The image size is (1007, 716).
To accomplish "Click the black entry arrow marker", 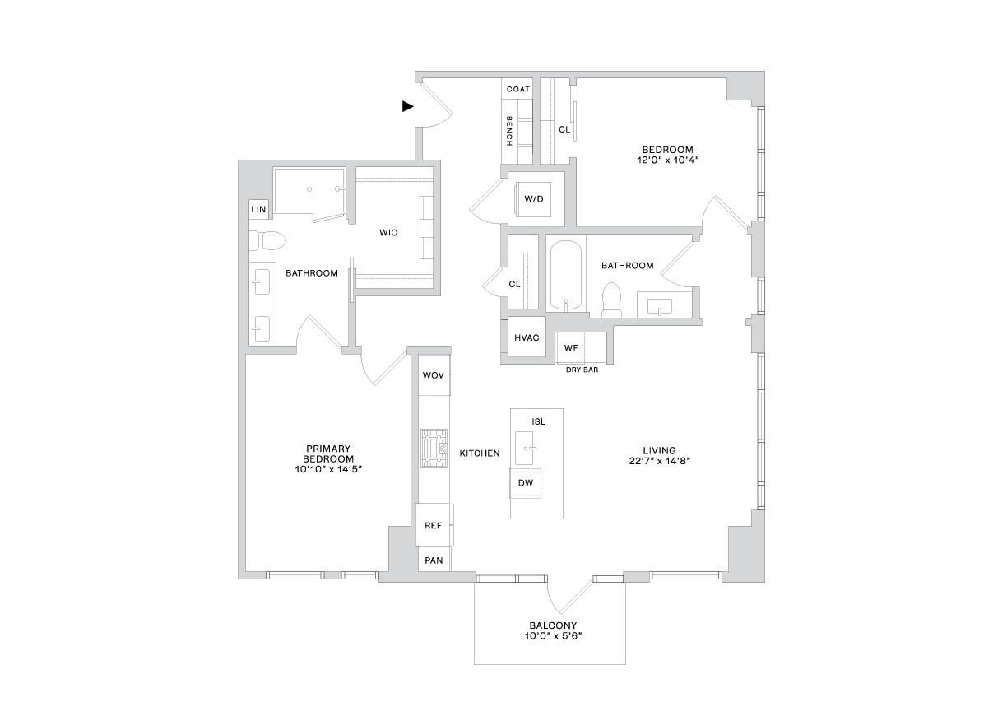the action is coord(407,107).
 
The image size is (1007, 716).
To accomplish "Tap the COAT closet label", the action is coord(518,89).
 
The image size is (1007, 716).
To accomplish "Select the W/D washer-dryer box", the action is coord(534,199).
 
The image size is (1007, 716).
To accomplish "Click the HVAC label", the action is coord(527,337).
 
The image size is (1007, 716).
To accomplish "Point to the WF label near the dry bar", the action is coord(571,347).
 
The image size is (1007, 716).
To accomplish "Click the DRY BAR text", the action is coord(582,370).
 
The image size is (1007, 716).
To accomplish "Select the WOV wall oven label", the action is coord(434,375).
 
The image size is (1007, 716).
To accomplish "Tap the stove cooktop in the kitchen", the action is coord(434,449).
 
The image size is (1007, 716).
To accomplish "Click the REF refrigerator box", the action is coord(434,525).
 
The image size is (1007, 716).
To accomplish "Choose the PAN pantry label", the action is coord(434,560).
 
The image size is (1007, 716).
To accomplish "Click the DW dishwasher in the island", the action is coord(525,483).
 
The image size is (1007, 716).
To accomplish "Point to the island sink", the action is coord(524,448).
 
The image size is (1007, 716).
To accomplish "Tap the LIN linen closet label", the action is coord(258,209).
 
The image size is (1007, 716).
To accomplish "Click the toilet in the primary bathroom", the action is coord(267,240).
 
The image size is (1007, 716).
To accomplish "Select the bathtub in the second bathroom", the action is coord(566,276).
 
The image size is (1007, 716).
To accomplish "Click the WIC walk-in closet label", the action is coord(388,233).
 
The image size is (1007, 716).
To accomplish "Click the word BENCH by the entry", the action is coord(509,131).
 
